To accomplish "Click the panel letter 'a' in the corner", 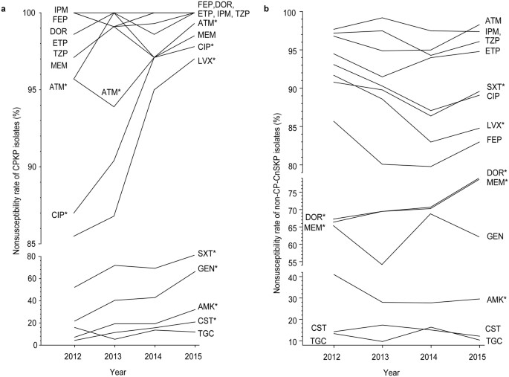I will pos(4,6).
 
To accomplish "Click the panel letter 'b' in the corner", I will pos(266,6).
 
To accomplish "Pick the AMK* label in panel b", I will pos(476,299).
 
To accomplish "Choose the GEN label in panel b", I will pos(474,236).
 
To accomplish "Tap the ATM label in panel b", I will pos(472,21).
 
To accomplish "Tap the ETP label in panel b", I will pos(471,51).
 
